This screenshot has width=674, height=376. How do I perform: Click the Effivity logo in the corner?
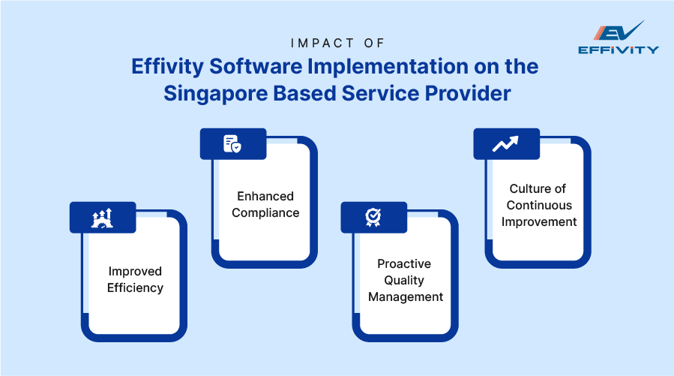click(619, 38)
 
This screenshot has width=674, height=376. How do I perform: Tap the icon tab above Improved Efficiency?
click(103, 218)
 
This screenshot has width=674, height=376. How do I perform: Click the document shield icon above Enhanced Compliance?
click(232, 144)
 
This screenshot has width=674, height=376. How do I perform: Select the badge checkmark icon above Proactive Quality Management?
click(373, 218)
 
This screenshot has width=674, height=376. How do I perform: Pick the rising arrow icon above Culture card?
click(505, 144)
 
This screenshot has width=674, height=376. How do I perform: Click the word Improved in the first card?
click(135, 271)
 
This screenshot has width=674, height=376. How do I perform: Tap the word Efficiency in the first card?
click(135, 287)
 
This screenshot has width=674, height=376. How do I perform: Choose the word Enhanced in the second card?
click(265, 196)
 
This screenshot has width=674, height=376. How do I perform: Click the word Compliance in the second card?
click(265, 212)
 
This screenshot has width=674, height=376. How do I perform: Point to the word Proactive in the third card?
click(405, 263)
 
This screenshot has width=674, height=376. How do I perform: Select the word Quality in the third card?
click(405, 280)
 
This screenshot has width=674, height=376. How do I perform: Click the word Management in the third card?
click(405, 296)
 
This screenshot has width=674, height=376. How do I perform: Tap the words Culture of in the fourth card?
click(538, 188)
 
